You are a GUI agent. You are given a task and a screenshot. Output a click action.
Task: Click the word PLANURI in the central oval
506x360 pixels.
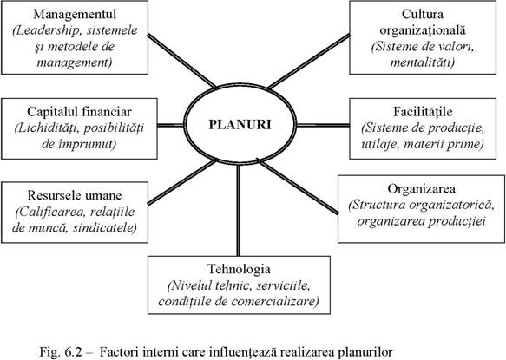click(x=240, y=125)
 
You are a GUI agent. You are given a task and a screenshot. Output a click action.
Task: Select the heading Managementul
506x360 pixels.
click(x=75, y=14)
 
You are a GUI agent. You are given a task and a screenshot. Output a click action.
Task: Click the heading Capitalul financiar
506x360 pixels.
click(x=79, y=112)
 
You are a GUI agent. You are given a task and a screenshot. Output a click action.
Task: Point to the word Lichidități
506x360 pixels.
click(x=47, y=128)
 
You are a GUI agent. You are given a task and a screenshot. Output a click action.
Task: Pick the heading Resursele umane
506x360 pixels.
click(x=75, y=195)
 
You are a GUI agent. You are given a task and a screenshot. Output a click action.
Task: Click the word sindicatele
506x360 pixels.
click(x=105, y=228)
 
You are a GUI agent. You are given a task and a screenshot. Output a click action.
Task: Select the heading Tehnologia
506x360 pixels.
click(x=239, y=269)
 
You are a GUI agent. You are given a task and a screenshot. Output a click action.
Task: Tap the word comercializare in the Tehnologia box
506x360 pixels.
click(x=275, y=301)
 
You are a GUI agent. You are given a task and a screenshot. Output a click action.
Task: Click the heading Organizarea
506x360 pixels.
click(x=422, y=189)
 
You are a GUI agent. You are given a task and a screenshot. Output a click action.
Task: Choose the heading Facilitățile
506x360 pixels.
click(x=423, y=112)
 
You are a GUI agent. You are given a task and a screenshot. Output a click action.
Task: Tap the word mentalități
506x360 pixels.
click(x=423, y=62)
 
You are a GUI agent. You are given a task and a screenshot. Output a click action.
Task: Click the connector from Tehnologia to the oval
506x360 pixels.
click(x=239, y=210)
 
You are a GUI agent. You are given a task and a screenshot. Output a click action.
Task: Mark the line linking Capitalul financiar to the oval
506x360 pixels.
click(x=171, y=125)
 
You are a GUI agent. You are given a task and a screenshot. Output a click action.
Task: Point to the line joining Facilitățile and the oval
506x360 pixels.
click(x=323, y=125)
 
